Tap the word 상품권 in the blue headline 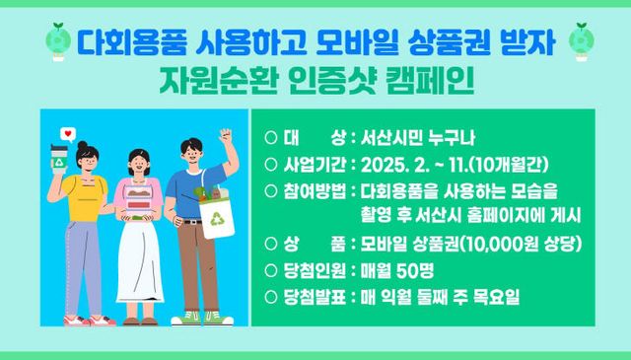(x=450, y=42)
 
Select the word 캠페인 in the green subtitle (x=430, y=80)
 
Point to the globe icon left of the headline (x=58, y=41)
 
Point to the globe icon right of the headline (x=581, y=41)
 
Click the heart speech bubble (x=68, y=134)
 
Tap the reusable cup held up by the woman (x=59, y=159)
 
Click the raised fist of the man (x=226, y=136)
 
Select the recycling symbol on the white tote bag (x=217, y=219)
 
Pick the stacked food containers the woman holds (x=139, y=198)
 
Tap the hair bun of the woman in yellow (x=83, y=145)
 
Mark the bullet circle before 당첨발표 (x=271, y=297)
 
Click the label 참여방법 (x=315, y=191)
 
